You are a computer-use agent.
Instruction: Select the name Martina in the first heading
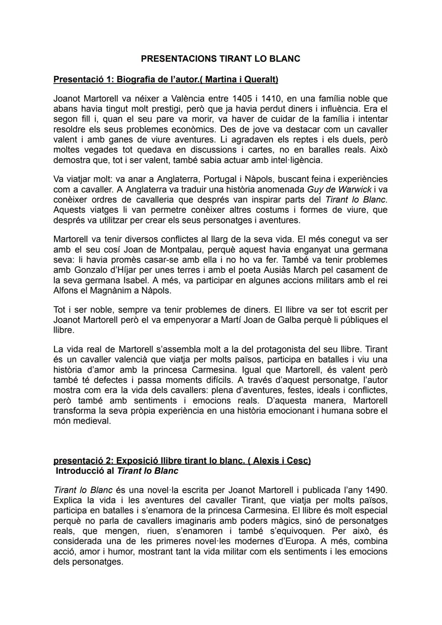(221, 79)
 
